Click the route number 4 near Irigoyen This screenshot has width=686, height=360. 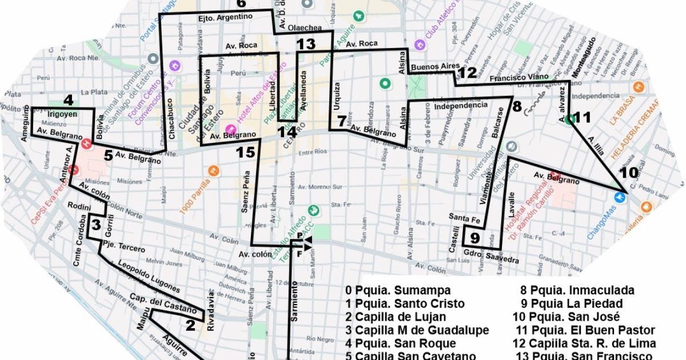click(69, 101)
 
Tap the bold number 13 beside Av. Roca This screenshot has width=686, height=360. click(306, 45)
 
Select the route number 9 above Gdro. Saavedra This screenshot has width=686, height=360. click(475, 238)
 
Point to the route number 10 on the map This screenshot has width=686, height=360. click(629, 173)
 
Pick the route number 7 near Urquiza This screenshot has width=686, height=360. click(341, 121)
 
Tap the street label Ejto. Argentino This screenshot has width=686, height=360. click(225, 17)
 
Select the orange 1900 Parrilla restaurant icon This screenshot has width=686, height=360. click(213, 170)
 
